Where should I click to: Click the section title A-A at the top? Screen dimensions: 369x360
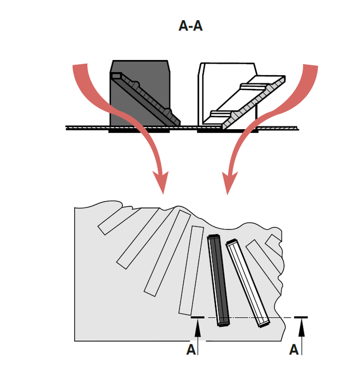190,26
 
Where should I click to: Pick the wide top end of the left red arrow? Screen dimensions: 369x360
80,69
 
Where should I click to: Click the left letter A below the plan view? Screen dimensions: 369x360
191,350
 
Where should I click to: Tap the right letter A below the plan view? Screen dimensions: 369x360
293,350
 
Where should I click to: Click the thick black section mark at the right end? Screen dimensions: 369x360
301,316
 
